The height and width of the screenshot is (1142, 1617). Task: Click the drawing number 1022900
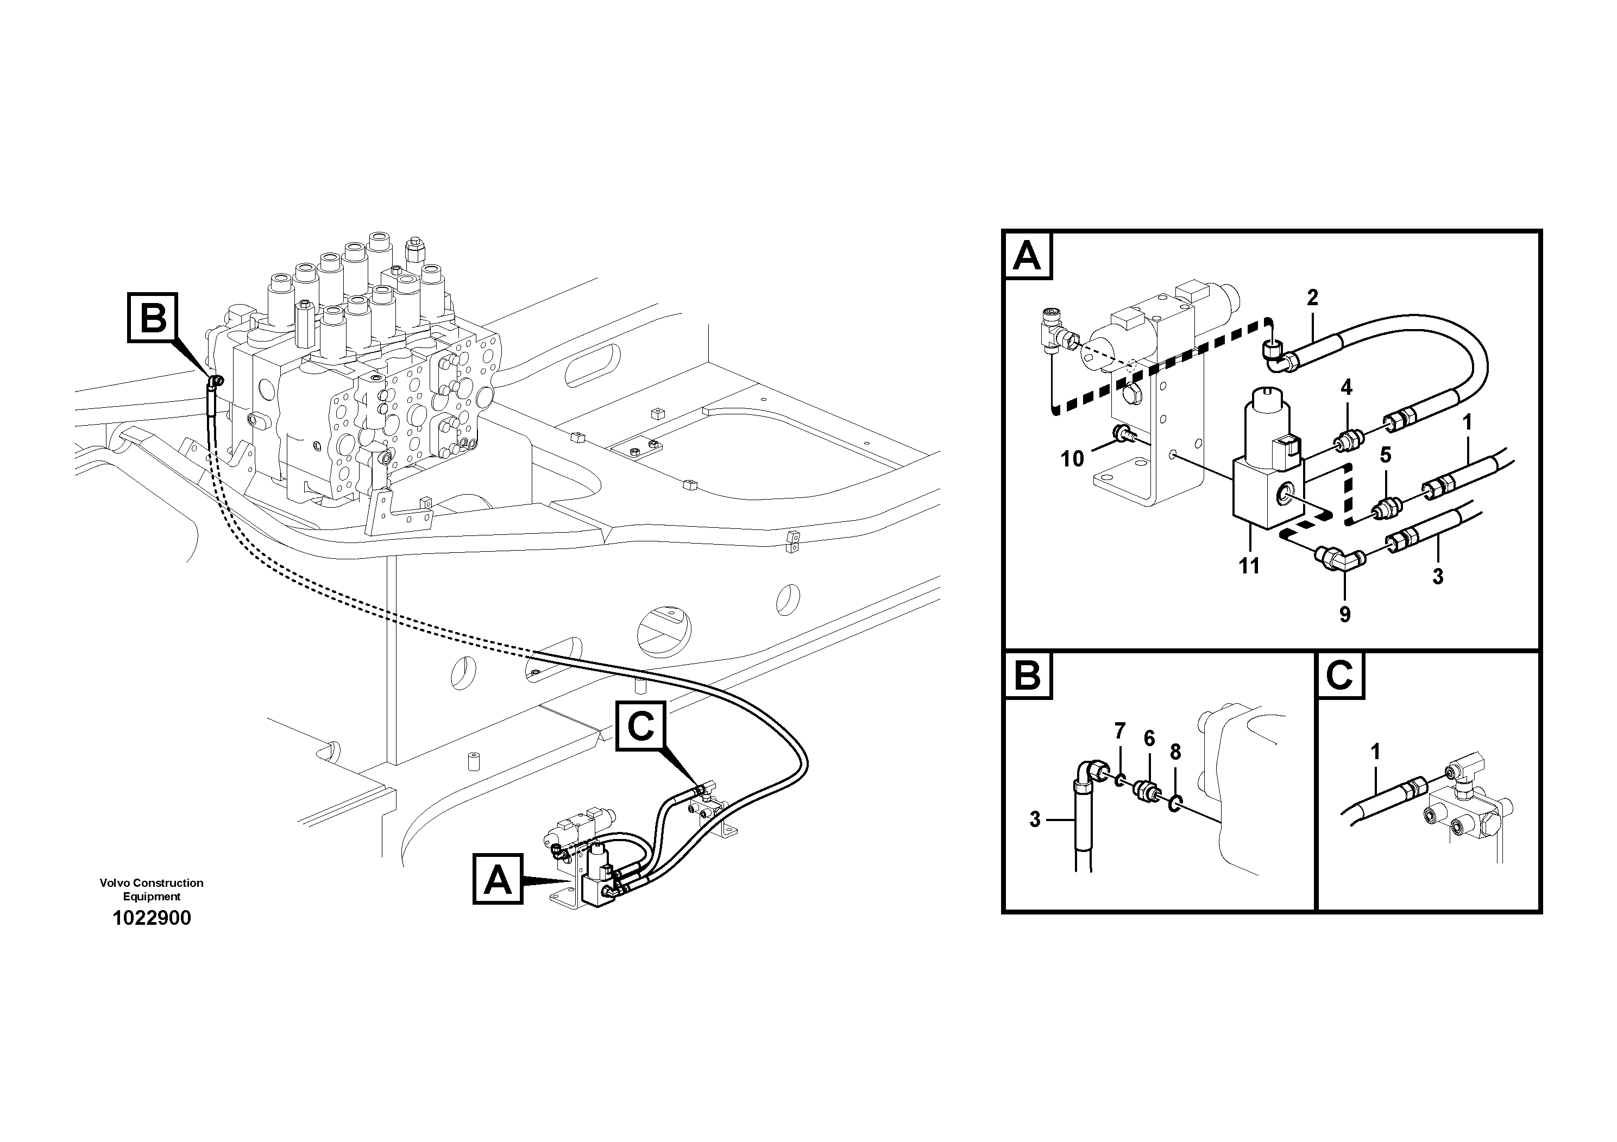pos(152,918)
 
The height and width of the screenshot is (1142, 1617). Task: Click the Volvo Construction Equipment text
pos(152,889)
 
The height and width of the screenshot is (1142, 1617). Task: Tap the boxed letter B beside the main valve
pos(153,318)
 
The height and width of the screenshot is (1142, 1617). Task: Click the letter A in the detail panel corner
pos(1027,256)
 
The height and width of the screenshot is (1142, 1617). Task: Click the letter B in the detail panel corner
pos(1027,676)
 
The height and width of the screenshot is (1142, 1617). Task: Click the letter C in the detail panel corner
pos(1339,676)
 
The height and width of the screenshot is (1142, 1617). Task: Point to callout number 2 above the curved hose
pos(1312,298)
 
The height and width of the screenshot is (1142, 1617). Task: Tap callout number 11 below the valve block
pos(1249,565)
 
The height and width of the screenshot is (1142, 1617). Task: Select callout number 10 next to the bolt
pos(1072,459)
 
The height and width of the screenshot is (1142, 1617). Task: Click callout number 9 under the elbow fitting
pos(1344,615)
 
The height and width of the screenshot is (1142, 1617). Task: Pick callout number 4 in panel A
pos(1346,387)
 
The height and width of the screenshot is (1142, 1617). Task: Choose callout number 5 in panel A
pos(1385,455)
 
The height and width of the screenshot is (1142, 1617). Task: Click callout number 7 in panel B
pos(1120,731)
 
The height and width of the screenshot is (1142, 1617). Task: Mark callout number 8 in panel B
pos(1175,752)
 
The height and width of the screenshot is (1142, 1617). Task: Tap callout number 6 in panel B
pos(1149,739)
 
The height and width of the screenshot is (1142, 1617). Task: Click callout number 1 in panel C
pos(1375,752)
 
